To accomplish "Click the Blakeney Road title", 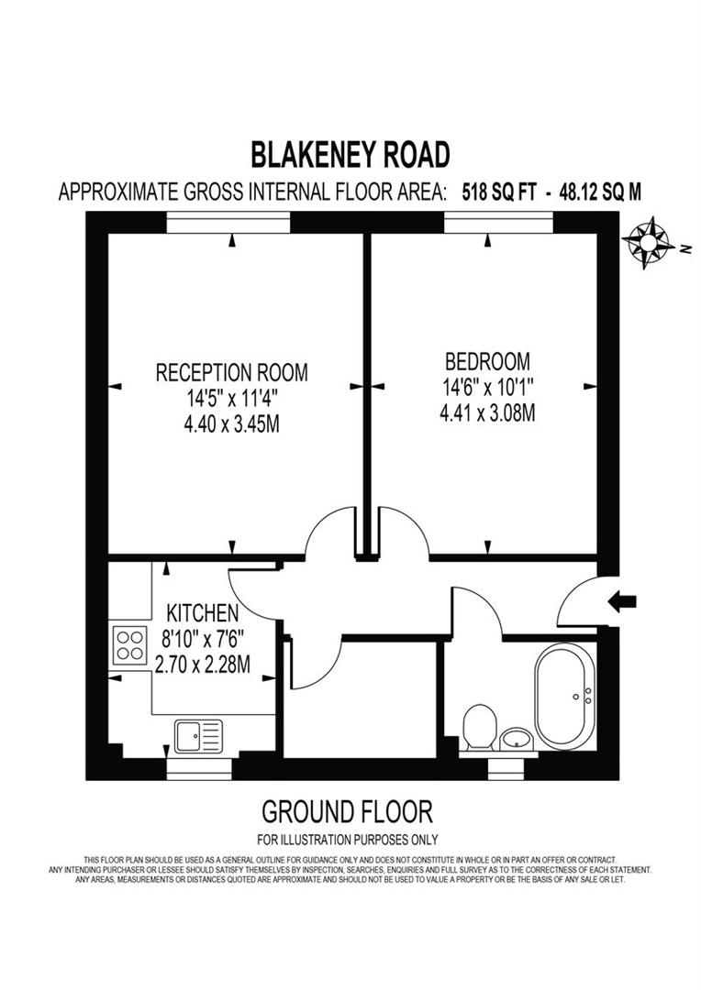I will point(351,155).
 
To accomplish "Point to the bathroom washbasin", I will point(517,738).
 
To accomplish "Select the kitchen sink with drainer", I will point(198,733).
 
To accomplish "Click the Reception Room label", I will point(231,373).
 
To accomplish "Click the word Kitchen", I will point(202,612).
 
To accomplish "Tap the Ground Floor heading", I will point(347,811).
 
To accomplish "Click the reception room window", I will point(228,221).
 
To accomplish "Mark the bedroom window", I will point(499,221).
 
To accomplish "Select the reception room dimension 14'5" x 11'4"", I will point(231,399).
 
